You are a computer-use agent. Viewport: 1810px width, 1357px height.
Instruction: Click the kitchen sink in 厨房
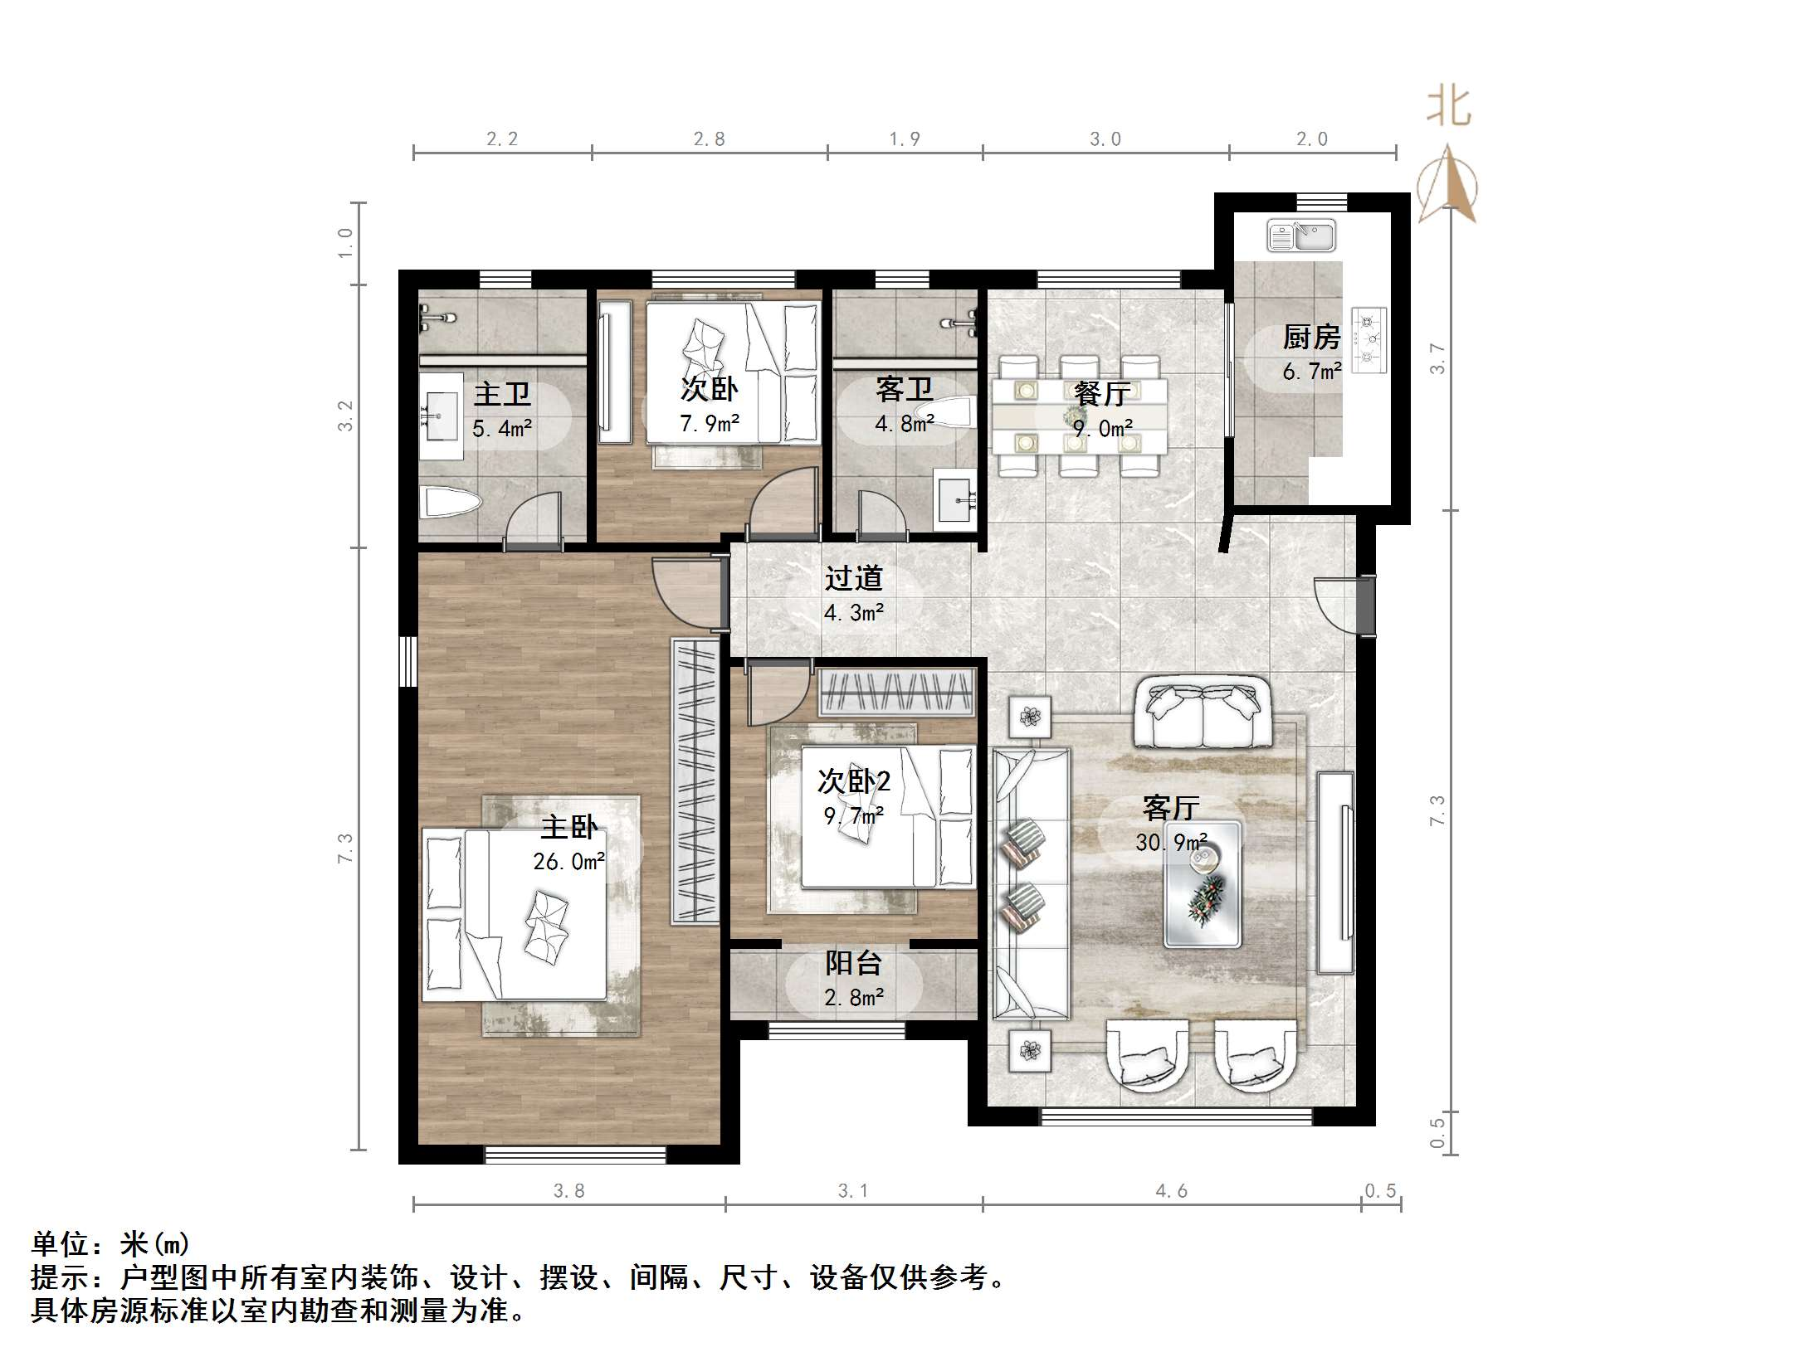[x=1300, y=236]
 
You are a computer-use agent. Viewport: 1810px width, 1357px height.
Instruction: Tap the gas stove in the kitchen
[x=1369, y=339]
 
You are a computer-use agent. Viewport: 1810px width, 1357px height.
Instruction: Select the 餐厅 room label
[x=1101, y=394]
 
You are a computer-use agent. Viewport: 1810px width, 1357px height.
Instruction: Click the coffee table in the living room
[x=1203, y=883]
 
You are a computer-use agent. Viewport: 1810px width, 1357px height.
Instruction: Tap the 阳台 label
[x=853, y=963]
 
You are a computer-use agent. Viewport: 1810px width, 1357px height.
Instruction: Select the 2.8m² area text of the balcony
[x=853, y=997]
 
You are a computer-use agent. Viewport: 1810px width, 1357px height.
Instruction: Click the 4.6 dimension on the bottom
[x=1171, y=1192]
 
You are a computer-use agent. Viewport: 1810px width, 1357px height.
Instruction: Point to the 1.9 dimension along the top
[x=905, y=139]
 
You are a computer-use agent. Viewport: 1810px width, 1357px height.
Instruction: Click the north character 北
[x=1449, y=107]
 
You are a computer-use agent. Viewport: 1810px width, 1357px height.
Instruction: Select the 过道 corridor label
[x=853, y=578]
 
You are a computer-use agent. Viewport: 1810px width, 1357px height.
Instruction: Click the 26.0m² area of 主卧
[x=568, y=862]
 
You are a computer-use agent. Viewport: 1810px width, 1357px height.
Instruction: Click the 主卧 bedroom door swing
[x=685, y=591]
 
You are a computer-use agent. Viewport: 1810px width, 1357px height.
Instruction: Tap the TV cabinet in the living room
[x=1334, y=873]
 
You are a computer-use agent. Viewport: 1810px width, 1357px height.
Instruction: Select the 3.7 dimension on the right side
[x=1437, y=358]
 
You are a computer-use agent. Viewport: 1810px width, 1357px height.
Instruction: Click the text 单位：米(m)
[x=110, y=1244]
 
